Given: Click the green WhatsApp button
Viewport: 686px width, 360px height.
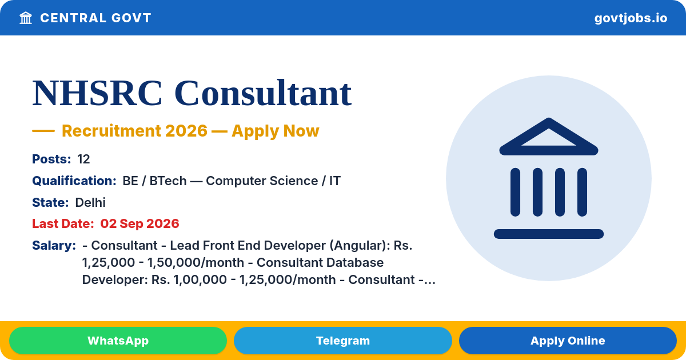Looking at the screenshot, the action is (x=118, y=341).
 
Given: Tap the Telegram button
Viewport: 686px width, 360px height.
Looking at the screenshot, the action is (x=342, y=341).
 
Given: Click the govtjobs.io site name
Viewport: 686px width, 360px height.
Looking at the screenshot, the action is (x=631, y=18).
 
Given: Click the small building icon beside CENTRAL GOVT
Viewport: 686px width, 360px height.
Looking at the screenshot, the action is (x=26, y=18).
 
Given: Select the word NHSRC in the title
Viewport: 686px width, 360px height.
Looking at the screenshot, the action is (x=97, y=93).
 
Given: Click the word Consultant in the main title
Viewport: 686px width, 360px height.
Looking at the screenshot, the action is (x=263, y=93).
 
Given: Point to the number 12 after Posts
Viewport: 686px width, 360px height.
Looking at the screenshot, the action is (x=83, y=159).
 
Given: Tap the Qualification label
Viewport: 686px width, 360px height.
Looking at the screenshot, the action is (x=74, y=181).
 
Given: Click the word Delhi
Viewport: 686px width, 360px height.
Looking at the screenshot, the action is (x=90, y=203).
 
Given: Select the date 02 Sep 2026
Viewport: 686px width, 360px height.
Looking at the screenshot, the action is (x=139, y=224).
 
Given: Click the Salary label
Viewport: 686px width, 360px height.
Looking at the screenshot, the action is (x=54, y=246).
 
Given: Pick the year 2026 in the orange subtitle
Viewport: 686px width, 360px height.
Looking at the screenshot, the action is (x=186, y=131).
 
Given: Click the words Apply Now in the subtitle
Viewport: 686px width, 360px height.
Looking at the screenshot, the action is (x=276, y=131).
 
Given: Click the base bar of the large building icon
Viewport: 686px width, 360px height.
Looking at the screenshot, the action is (x=548, y=234).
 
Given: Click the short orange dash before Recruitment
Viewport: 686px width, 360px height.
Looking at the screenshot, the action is (x=43, y=131).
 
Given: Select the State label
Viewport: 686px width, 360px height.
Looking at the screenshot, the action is (x=50, y=203).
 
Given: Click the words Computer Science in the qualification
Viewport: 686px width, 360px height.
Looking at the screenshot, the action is (x=262, y=181).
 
